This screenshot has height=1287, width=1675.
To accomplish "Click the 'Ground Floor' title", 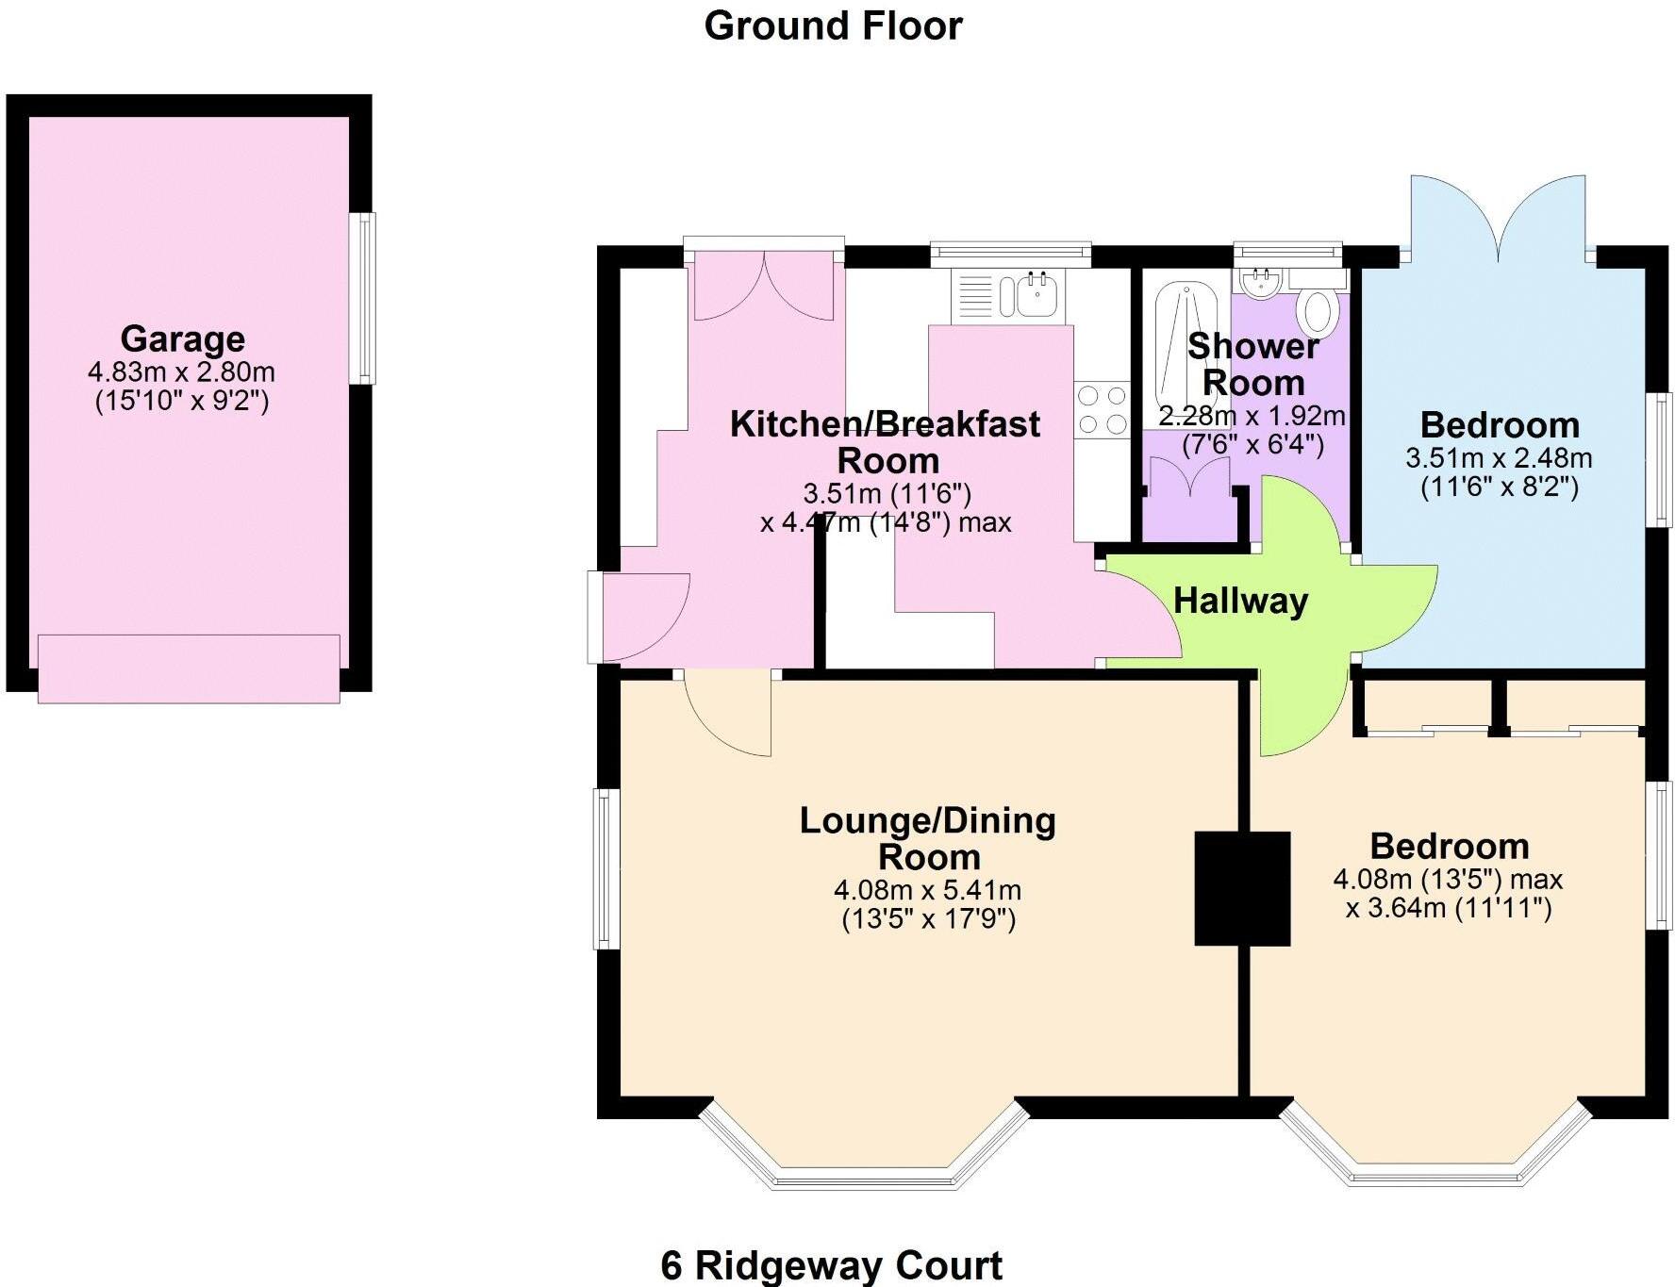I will point(833,25).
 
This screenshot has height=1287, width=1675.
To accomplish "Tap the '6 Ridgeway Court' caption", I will point(831,1264).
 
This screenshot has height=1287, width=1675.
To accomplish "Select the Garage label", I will point(182,338).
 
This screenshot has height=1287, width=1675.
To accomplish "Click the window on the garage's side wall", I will point(362,298).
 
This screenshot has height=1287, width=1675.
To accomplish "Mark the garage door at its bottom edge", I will point(189,668).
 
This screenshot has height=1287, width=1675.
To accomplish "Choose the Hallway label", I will point(1240,601).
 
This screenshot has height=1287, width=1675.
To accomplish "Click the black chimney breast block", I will point(1241,888).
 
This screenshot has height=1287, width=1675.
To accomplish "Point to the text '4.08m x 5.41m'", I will point(927,889).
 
